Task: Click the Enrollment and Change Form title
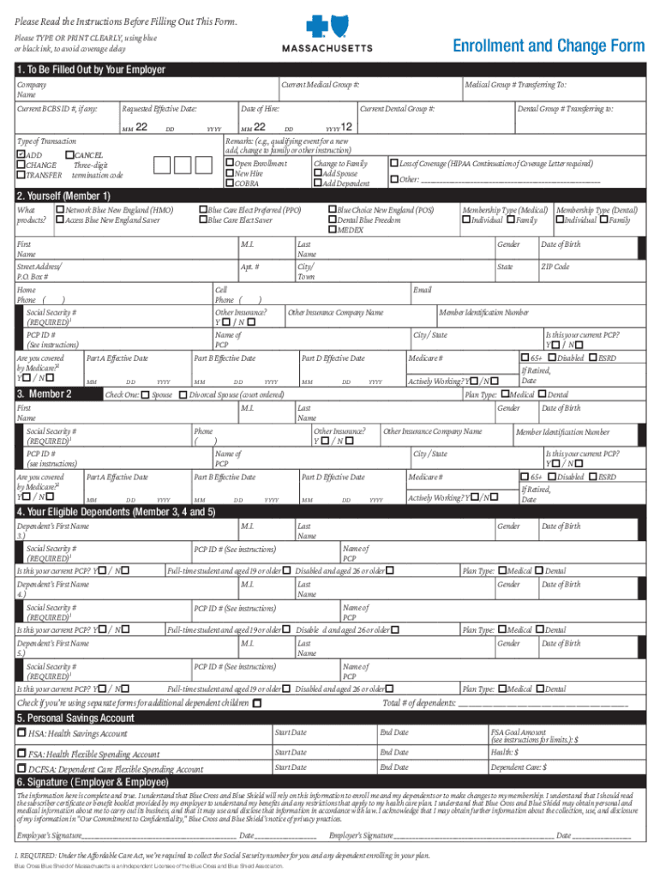coord(548,45)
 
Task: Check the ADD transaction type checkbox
coord(21,154)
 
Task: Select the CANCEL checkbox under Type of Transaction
coord(69,154)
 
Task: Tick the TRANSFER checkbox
coord(21,175)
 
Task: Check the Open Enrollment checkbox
coord(230,163)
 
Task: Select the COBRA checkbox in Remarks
coord(230,183)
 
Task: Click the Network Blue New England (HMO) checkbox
coord(59,209)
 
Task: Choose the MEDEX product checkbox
coord(333,230)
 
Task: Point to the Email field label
coord(422,291)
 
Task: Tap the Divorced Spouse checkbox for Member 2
coord(183,394)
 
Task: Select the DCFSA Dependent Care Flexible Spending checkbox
coord(21,769)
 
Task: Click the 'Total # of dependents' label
coord(419,703)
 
